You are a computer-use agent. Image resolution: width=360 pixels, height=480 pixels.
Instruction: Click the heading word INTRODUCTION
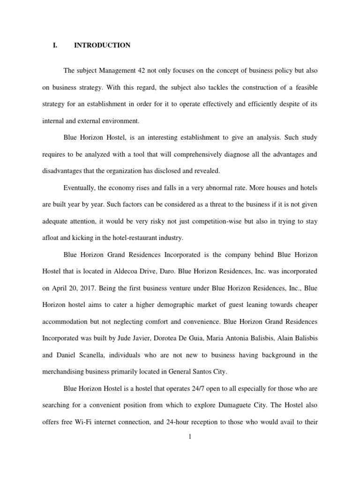102,45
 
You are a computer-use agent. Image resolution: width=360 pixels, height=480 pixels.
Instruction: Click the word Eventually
81,187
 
